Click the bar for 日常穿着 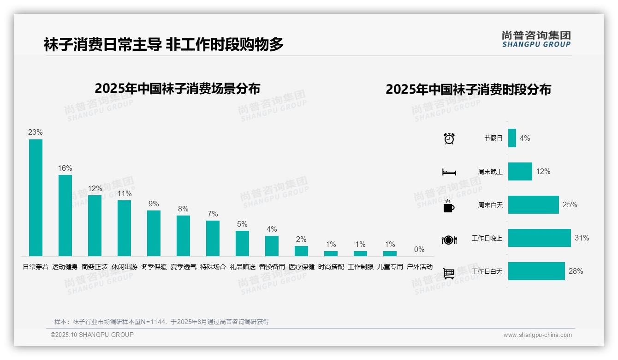point(36,198)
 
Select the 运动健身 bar point(65,215)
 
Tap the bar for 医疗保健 point(301,251)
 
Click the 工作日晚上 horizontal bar point(539,238)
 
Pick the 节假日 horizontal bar point(512,138)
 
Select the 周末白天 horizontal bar point(533,204)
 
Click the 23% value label point(36,132)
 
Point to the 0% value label point(419,250)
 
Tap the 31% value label point(582,238)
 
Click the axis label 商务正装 point(95,267)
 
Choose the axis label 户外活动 point(419,267)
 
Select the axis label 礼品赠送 point(242,267)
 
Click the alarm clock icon point(449,138)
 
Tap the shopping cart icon point(449,273)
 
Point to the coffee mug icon point(449,206)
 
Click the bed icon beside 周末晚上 point(449,172)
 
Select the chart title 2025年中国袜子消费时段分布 point(468,90)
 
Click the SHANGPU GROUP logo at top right point(536,39)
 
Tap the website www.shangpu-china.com point(537,335)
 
